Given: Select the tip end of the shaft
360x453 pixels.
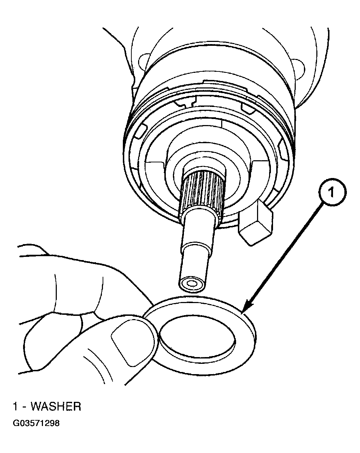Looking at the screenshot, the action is (x=191, y=284).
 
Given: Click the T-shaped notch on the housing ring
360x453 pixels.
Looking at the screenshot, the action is (x=185, y=103).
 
